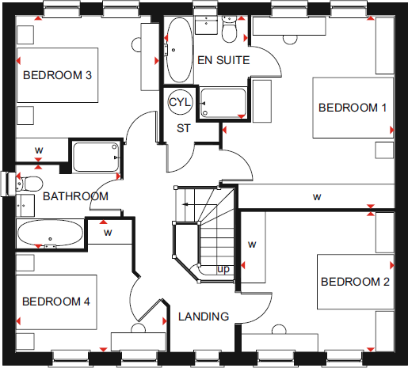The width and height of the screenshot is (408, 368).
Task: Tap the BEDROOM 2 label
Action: coord(354,282)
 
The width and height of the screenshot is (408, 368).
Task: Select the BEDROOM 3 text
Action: coord(58,76)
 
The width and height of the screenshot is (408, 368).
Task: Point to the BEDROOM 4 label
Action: coord(56,302)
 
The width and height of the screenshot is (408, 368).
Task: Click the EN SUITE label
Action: coord(223,60)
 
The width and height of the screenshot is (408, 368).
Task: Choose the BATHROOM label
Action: coord(75,196)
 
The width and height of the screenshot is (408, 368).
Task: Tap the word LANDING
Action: coord(204,317)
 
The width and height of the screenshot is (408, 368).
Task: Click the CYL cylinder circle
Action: coord(180,102)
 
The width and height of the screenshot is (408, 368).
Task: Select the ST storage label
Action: coord(184,128)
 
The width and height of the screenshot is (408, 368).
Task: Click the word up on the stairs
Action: coord(224,270)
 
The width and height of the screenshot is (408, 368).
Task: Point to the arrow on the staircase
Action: coord(188,205)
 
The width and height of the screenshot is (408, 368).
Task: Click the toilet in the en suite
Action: coord(231,30)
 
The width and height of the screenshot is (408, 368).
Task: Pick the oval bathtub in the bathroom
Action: coord(49,235)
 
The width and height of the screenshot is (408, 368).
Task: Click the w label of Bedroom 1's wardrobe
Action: coord(317,196)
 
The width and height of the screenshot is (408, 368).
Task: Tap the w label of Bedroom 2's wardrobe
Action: coord(253,245)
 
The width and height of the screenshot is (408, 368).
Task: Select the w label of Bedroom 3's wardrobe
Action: coord(39,149)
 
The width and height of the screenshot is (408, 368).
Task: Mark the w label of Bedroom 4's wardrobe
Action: coord(106,233)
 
